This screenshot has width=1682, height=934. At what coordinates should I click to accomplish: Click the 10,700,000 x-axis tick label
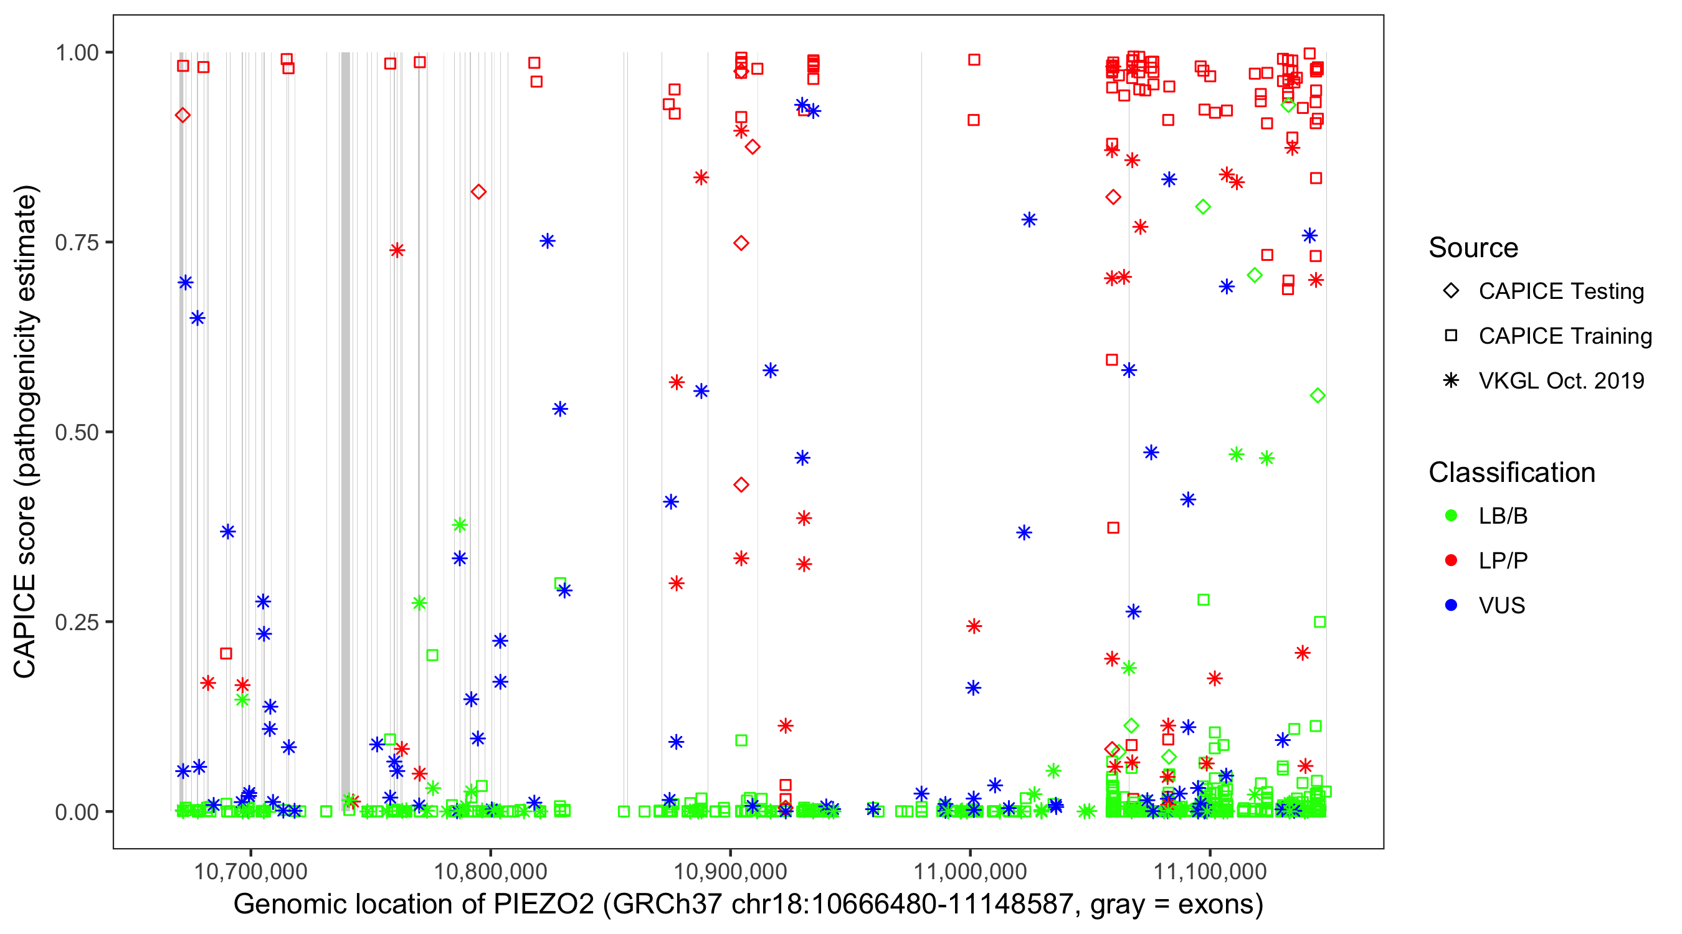click(250, 871)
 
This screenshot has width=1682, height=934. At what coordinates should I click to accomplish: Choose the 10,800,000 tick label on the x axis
click(490, 871)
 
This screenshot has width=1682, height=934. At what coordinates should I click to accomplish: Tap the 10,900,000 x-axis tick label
click(730, 871)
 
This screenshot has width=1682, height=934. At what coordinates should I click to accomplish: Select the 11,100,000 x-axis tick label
click(1210, 871)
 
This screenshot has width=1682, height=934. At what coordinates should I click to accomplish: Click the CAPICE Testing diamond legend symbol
click(1451, 291)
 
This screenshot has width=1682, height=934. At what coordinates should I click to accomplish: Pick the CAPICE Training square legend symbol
click(1451, 336)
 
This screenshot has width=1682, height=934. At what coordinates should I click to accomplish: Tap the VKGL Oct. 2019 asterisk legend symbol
click(1451, 380)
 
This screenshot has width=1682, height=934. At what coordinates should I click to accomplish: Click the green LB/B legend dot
click(1451, 516)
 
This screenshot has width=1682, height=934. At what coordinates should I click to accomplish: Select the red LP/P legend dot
click(1451, 560)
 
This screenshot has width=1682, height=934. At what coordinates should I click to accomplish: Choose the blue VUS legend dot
click(1451, 605)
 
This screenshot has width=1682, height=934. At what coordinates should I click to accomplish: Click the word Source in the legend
click(1473, 248)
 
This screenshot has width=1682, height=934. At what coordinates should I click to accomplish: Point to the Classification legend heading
click(1511, 473)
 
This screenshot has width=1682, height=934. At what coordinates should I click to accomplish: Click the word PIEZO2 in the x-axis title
click(543, 905)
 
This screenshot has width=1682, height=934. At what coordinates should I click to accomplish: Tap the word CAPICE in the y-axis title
click(25, 626)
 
